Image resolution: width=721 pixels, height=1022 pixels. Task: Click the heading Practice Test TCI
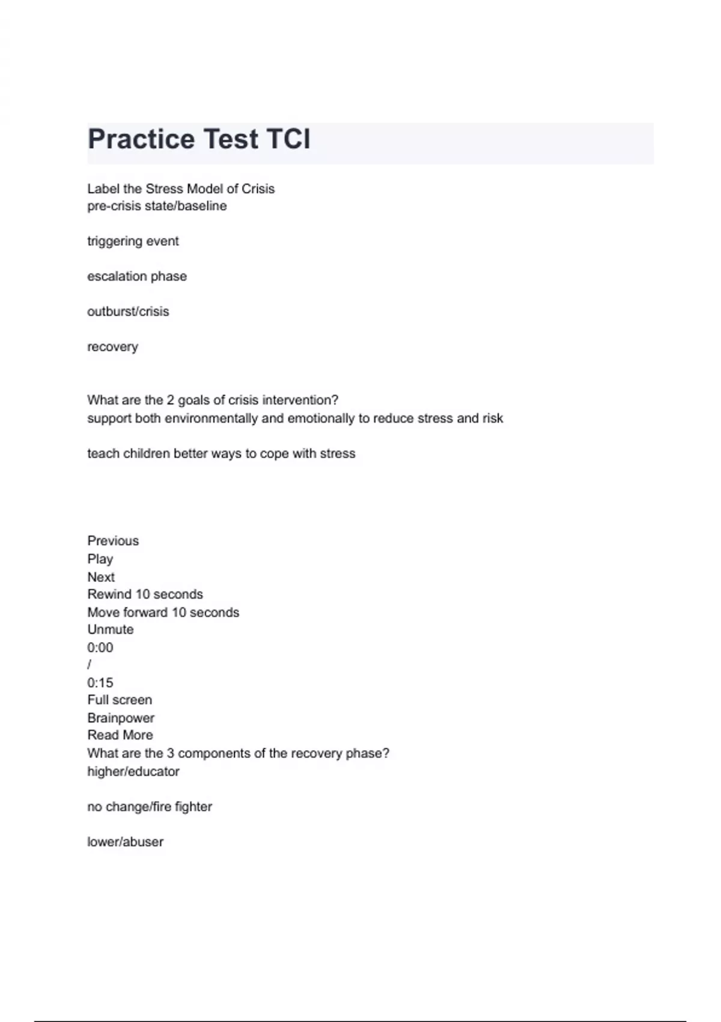[x=199, y=139]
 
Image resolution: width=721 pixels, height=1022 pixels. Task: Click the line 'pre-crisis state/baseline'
[x=157, y=206]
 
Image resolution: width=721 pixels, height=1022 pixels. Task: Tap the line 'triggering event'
[x=133, y=241]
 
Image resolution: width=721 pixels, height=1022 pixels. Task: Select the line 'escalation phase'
[x=137, y=277]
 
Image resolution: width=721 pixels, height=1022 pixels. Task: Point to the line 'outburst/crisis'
[x=128, y=311]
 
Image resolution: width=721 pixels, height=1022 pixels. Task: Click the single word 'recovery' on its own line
[x=112, y=347]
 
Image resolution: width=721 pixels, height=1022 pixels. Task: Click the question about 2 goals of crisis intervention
[x=213, y=400]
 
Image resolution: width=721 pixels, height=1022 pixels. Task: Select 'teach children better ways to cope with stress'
[x=221, y=453]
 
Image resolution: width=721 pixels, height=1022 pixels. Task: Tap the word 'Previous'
[x=113, y=541]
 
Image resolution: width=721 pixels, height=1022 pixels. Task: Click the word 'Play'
[x=100, y=559]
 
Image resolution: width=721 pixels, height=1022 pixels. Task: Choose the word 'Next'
[x=101, y=577]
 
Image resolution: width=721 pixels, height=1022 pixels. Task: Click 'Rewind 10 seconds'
[x=145, y=595]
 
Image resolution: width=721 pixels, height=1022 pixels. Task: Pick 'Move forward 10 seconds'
[x=163, y=613]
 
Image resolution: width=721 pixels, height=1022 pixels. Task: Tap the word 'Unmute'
[x=110, y=629]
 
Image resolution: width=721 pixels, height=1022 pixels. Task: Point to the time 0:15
[x=100, y=683]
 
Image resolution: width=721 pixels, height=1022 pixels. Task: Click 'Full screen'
[x=120, y=700]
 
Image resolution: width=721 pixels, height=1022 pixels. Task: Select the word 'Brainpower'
[x=121, y=718]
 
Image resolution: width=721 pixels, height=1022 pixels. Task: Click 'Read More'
[x=120, y=735]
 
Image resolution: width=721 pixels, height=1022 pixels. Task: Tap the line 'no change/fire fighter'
[x=150, y=807]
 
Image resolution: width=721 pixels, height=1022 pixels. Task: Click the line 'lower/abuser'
[x=125, y=842]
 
